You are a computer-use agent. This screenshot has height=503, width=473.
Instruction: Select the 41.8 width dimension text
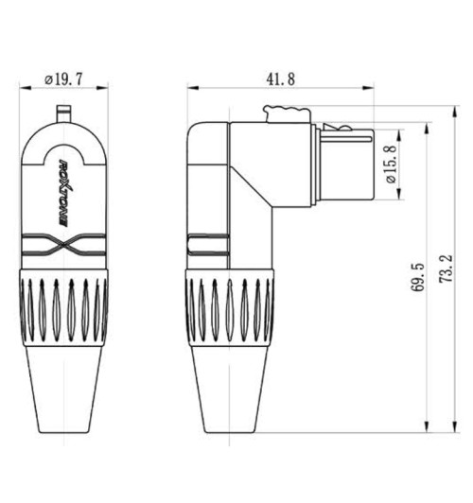(279, 80)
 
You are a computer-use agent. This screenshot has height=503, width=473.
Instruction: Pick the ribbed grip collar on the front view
(63, 307)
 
